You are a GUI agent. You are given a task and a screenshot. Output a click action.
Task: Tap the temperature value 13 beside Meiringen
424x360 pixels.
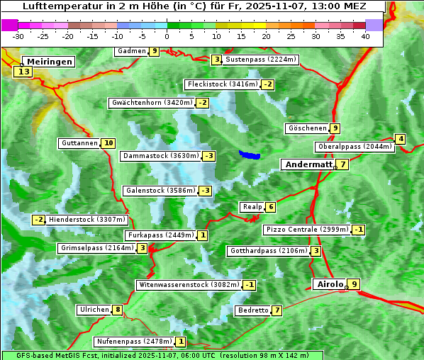(23, 72)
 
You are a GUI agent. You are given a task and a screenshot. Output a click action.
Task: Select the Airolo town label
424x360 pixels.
(330, 284)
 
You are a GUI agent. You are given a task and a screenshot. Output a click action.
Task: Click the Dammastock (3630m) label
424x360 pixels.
(160, 156)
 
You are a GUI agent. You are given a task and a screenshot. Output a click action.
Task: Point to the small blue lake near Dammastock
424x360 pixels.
(250, 154)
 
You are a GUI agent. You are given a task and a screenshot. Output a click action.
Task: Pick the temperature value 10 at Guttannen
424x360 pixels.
(108, 143)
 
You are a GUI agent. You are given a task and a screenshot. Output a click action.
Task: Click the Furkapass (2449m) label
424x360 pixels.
(160, 235)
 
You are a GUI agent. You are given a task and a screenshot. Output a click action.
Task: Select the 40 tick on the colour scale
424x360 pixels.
(365, 36)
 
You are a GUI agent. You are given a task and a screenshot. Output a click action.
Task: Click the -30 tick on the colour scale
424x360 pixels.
(18, 36)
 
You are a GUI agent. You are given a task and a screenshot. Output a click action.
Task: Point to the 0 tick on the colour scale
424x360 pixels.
(167, 36)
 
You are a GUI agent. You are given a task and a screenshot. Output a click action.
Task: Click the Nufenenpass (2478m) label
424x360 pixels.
(134, 342)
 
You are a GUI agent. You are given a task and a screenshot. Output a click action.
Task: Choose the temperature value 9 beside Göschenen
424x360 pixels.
(335, 128)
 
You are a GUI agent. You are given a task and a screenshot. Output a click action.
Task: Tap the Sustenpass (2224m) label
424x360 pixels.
(261, 60)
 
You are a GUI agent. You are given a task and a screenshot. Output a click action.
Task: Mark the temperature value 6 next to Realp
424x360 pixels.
(270, 207)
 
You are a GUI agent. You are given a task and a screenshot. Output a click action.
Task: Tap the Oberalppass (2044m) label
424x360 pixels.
(355, 147)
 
